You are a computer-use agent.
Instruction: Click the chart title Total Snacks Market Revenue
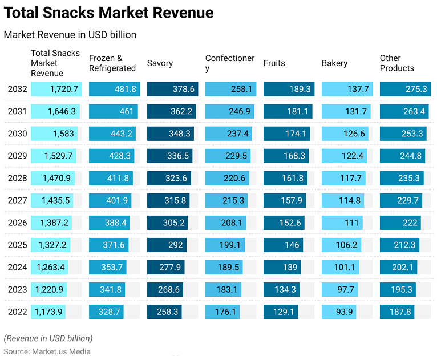tap(109, 13)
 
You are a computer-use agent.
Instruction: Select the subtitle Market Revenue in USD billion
tap(70, 35)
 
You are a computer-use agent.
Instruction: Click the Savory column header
tap(160, 63)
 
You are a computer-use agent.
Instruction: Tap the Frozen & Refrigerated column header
tap(112, 63)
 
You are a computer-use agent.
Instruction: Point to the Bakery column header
tap(334, 63)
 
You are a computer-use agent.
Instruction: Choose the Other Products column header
tap(397, 63)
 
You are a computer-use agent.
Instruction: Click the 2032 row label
tap(17, 89)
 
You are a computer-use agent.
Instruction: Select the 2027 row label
tap(17, 200)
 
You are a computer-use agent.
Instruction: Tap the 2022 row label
tap(17, 312)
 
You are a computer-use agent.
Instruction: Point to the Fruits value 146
tap(284, 245)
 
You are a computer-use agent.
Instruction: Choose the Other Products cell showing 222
tap(400, 223)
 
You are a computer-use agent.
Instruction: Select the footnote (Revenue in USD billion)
tap(48, 338)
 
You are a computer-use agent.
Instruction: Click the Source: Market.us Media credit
tap(47, 351)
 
